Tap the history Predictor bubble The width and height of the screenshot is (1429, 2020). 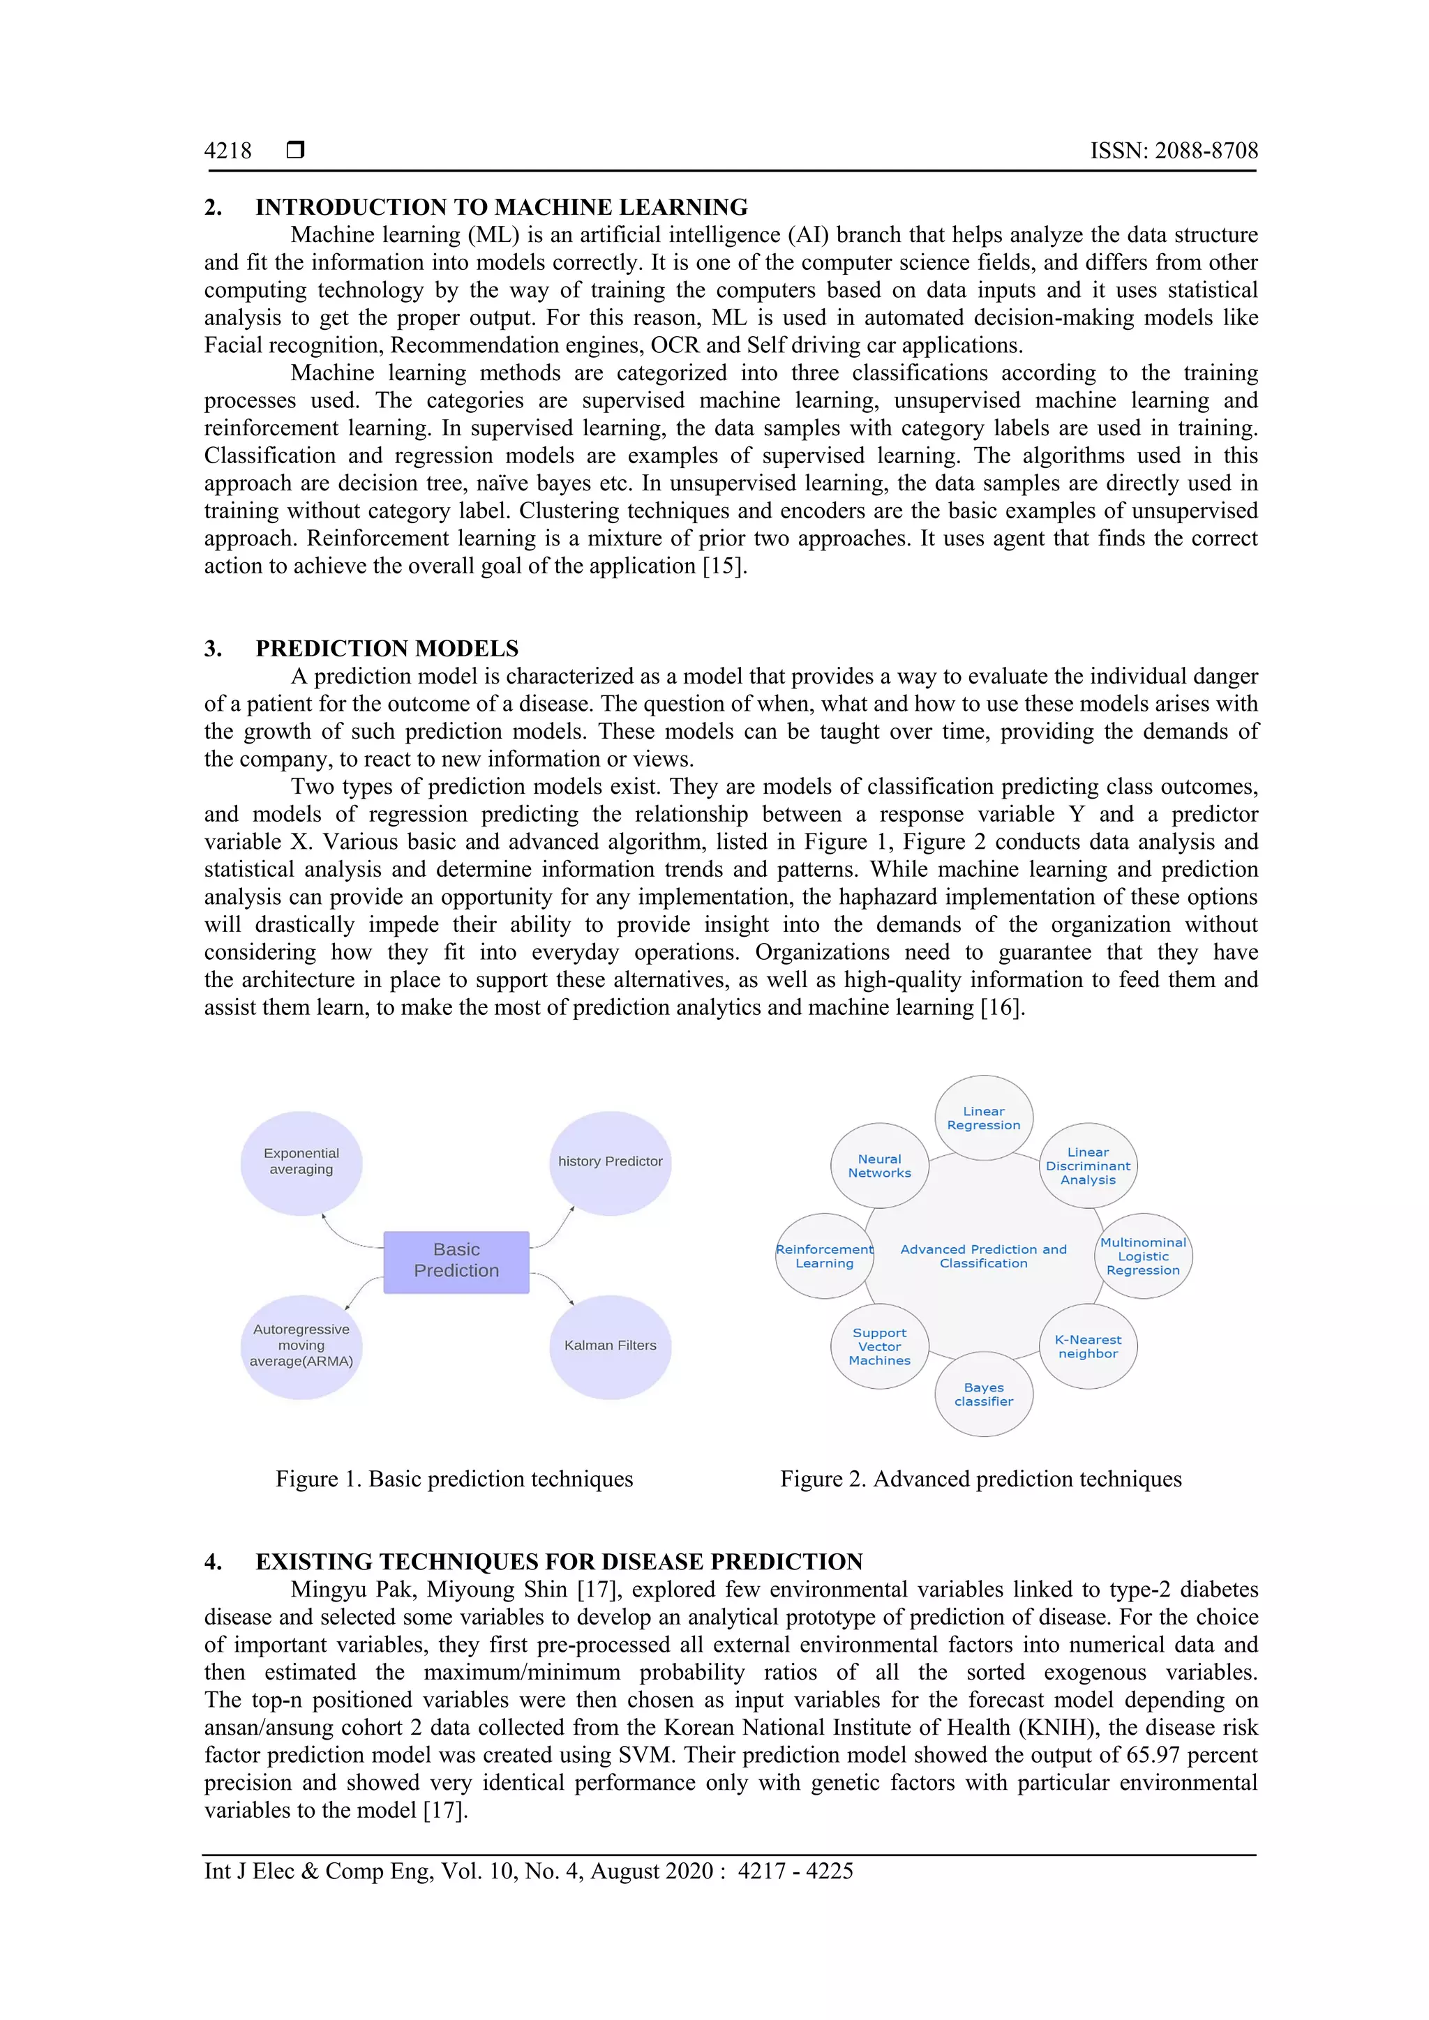click(610, 1162)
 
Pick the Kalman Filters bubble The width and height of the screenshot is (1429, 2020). click(610, 1346)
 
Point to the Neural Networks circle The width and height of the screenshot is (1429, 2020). click(879, 1166)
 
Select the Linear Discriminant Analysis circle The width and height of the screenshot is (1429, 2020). click(1088, 1166)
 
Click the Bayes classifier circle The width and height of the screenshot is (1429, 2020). click(983, 1394)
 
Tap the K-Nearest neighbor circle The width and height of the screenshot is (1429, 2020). click(1088, 1346)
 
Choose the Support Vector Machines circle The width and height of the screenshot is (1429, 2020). click(879, 1346)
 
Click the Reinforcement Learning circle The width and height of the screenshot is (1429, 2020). click(825, 1256)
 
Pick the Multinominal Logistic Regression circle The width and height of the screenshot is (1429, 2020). click(1142, 1256)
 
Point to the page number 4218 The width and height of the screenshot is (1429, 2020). click(228, 151)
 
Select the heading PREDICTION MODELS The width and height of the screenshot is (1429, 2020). click(387, 649)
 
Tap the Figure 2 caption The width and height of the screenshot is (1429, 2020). click(980, 1479)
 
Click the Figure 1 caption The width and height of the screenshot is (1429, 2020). click(454, 1479)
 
